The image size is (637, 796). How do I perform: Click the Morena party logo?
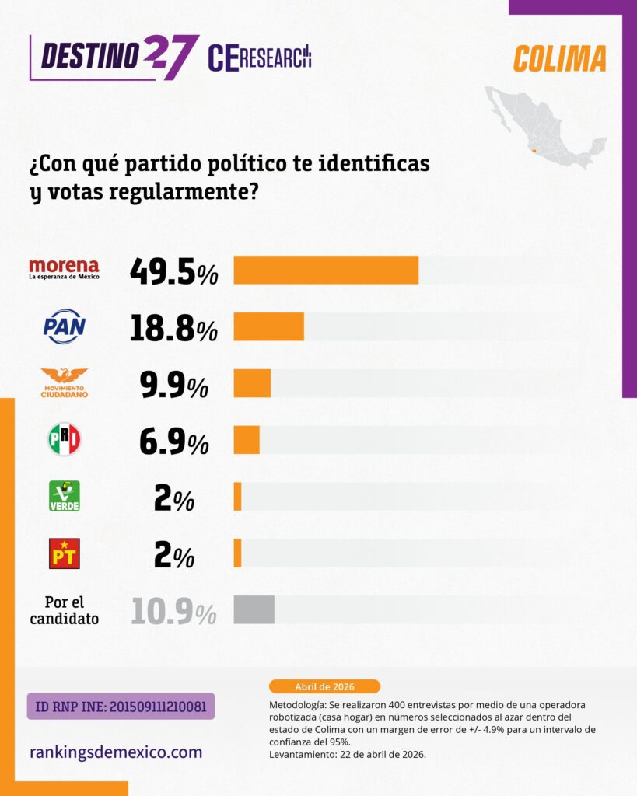tap(64, 269)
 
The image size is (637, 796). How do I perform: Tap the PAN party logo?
tap(64, 326)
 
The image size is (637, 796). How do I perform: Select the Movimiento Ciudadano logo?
tap(64, 383)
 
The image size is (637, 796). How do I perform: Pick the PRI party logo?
tap(64, 439)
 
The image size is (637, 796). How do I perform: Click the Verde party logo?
tap(64, 496)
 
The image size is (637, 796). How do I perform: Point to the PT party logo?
tap(64, 553)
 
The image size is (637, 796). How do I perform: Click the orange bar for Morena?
tap(326, 270)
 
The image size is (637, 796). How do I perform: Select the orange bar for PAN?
tap(268, 326)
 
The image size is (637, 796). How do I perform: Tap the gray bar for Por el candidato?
tap(254, 609)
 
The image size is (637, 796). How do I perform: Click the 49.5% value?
tap(173, 271)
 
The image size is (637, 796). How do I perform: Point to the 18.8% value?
tap(173, 327)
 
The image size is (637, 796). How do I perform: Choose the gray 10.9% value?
tap(173, 611)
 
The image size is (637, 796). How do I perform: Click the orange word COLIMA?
tap(559, 58)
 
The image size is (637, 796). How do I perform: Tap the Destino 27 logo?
tap(113, 56)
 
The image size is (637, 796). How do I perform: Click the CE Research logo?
tap(260, 58)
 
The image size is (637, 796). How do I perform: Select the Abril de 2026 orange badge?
tap(324, 686)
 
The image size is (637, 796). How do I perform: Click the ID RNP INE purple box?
tap(121, 707)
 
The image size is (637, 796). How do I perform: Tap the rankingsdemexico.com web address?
tap(116, 752)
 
